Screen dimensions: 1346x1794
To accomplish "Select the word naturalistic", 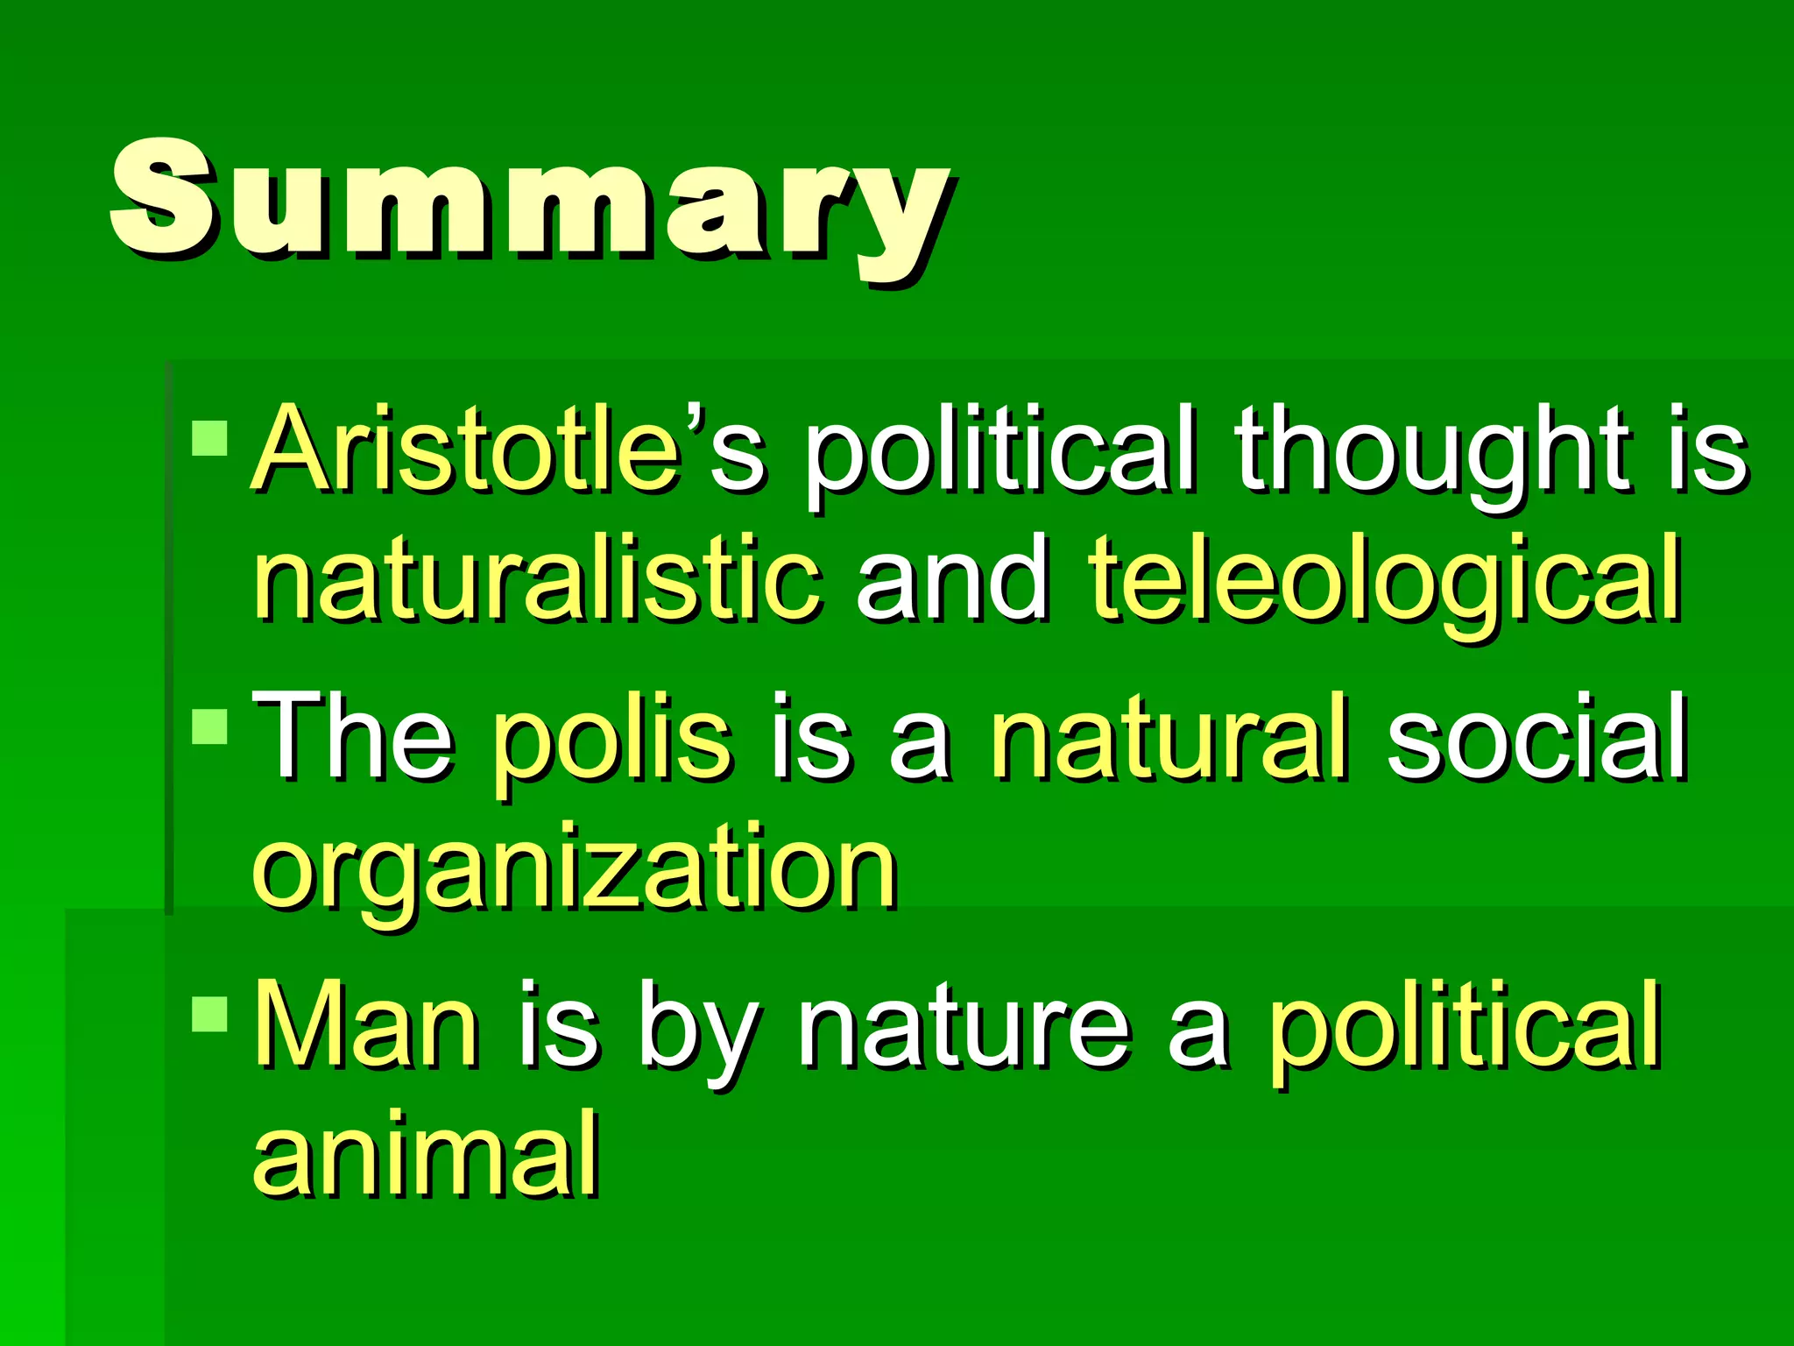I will click(537, 580).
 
